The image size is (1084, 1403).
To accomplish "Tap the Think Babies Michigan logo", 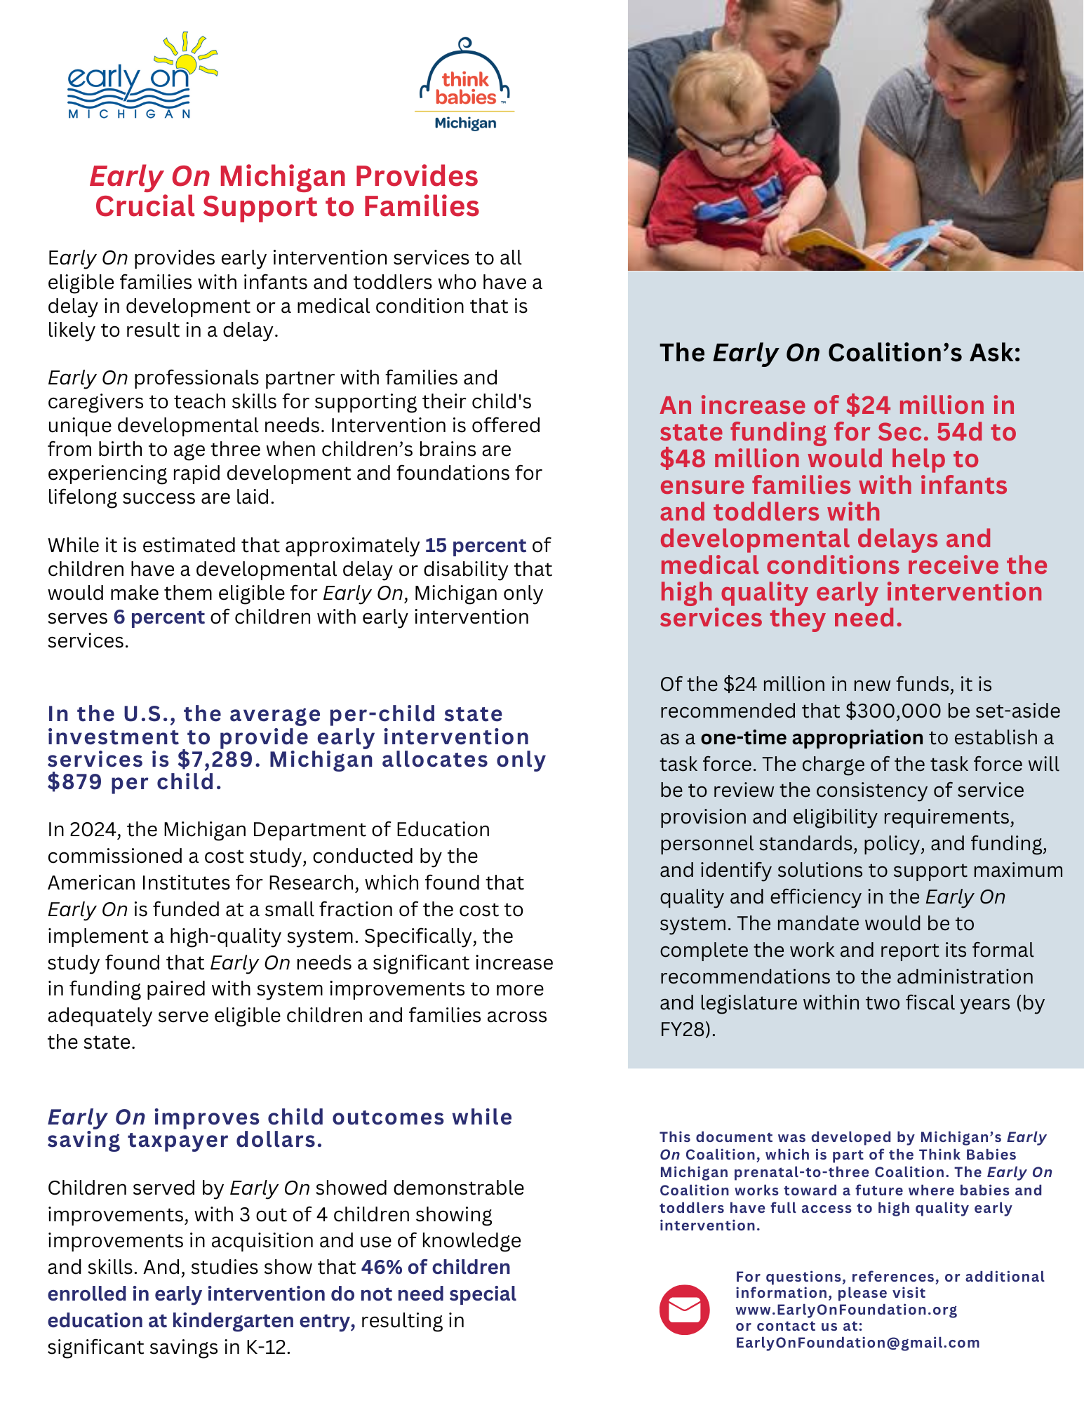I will [465, 85].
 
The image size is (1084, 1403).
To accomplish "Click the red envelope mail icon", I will [684, 1310].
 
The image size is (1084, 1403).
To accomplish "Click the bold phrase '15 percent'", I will [475, 546].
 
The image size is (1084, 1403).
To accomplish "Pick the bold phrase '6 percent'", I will [159, 617].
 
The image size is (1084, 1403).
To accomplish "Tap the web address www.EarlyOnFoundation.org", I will [845, 1310].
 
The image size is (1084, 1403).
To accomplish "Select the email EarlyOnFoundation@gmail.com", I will [857, 1343].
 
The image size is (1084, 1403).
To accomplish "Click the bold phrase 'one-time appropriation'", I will [812, 738].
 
